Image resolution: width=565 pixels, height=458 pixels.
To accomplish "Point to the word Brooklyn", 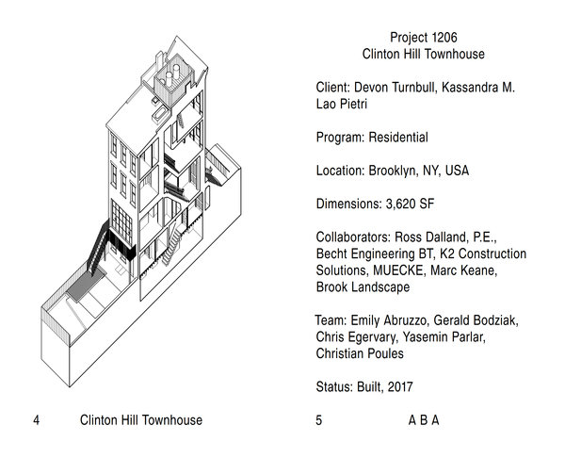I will (x=394, y=172).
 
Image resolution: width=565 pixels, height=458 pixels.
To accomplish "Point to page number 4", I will (x=35, y=420).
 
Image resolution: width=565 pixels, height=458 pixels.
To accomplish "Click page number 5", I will (x=319, y=420).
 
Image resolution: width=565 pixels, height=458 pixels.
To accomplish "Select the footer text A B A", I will (x=423, y=420).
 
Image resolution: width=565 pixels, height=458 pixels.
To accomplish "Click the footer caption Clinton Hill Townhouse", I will (x=141, y=420).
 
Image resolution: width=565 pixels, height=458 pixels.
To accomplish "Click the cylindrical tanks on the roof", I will (x=173, y=73).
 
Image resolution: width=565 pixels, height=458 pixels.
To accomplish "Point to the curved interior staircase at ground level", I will (x=170, y=247).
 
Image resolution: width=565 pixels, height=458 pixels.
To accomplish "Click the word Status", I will (x=334, y=386).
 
